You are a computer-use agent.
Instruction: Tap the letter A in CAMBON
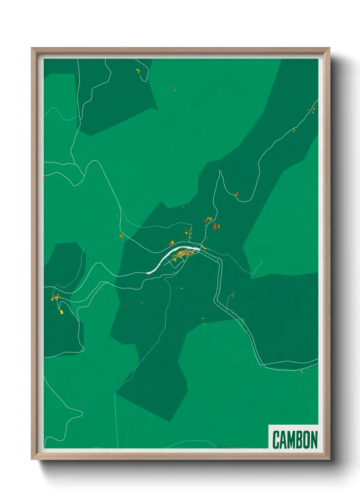pyautogui.click(x=283, y=440)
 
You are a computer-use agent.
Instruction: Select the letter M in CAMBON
pyautogui.click(x=292, y=440)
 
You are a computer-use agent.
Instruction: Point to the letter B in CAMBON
pyautogui.click(x=300, y=440)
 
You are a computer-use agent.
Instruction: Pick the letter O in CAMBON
pyautogui.click(x=307, y=440)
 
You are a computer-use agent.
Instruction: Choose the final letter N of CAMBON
pyautogui.click(x=314, y=440)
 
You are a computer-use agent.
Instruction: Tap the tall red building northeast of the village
pyautogui.click(x=215, y=226)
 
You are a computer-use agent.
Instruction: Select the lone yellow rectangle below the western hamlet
pyautogui.click(x=61, y=312)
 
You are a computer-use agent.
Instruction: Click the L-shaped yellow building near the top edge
pyautogui.click(x=138, y=71)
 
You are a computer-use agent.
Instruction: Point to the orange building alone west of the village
pyautogui.click(x=121, y=236)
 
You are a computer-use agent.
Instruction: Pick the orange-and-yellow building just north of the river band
pyautogui.click(x=172, y=243)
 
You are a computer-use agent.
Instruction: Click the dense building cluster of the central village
pyautogui.click(x=184, y=254)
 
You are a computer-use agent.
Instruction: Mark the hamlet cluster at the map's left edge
pyautogui.click(x=55, y=297)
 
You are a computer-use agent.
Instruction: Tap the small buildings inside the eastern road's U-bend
pyautogui.click(x=237, y=194)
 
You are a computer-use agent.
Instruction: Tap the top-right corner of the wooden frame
pyautogui.click(x=329, y=48)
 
